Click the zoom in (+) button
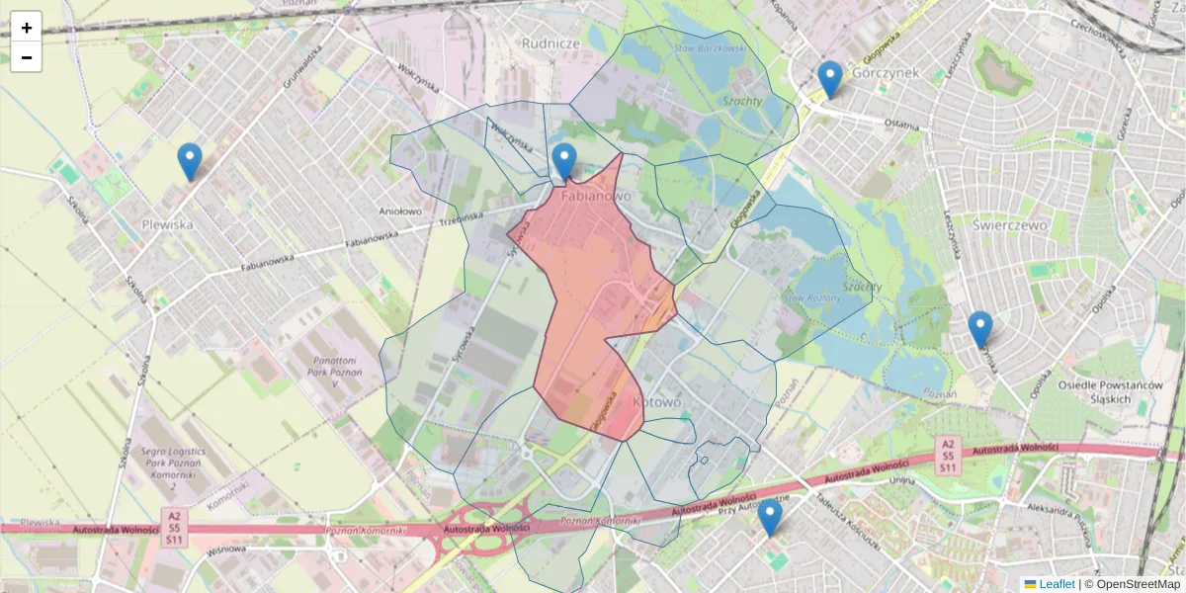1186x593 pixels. pyautogui.click(x=27, y=27)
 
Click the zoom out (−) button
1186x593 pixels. pyautogui.click(x=27, y=57)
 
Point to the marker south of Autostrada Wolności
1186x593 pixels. pyautogui.click(x=769, y=517)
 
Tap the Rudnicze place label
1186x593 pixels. pyautogui.click(x=551, y=43)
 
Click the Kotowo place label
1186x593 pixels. pyautogui.click(x=656, y=402)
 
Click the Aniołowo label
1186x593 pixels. pyautogui.click(x=400, y=211)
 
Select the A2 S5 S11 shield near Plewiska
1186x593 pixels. pyautogui.click(x=174, y=527)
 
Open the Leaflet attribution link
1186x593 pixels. pyautogui.click(x=1056, y=584)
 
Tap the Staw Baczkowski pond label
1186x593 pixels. pyautogui.click(x=710, y=46)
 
